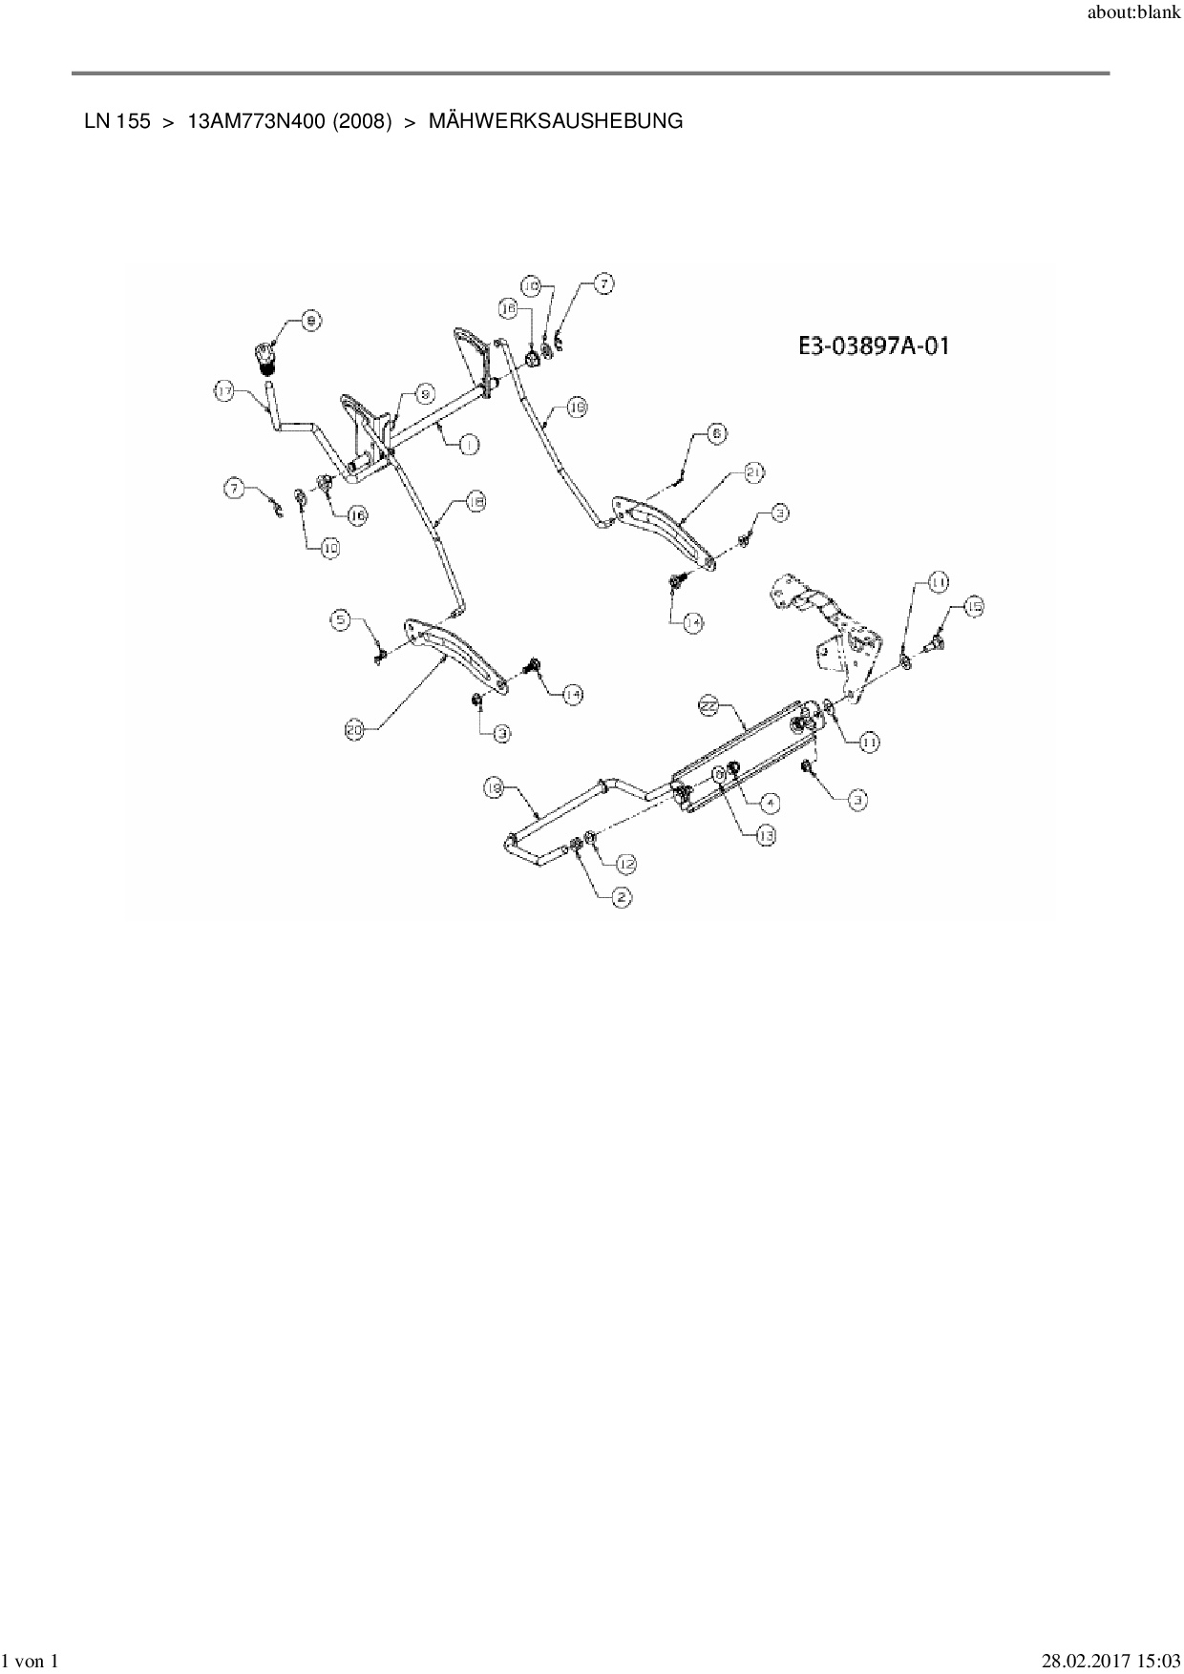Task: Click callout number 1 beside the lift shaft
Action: click(468, 444)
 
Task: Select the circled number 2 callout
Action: click(621, 897)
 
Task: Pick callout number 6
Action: click(716, 433)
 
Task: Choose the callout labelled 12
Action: click(625, 864)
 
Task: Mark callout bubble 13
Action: click(766, 835)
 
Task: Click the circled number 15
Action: click(972, 606)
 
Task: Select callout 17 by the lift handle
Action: click(224, 391)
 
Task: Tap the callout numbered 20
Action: click(355, 731)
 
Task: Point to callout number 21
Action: click(754, 472)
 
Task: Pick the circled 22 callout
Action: click(708, 705)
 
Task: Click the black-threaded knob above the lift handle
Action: click(266, 358)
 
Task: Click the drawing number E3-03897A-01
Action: click(874, 345)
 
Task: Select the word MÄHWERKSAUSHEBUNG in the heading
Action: click(556, 121)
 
